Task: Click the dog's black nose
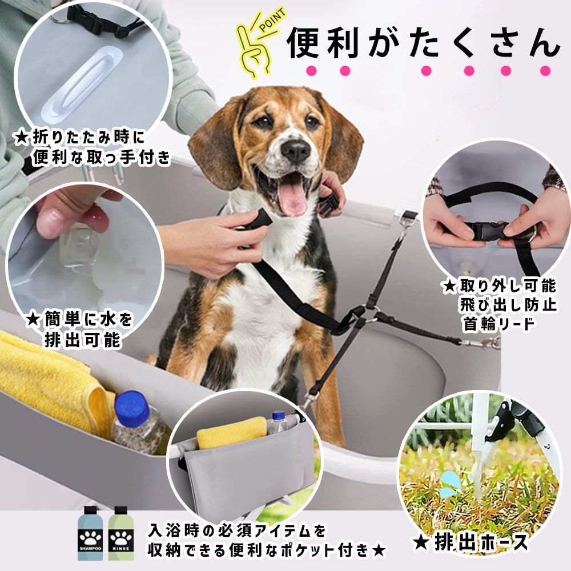[x=296, y=150]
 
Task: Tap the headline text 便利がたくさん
[x=423, y=43]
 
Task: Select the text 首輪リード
[x=499, y=324]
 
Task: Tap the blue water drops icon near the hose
[x=452, y=483]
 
